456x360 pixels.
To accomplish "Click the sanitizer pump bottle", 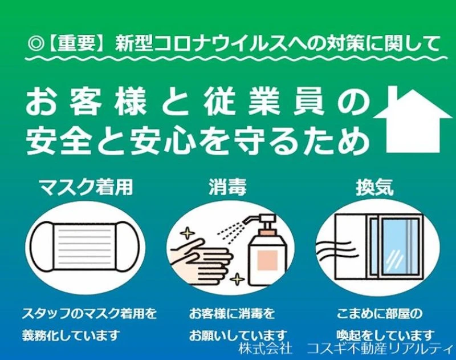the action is click(x=266, y=250).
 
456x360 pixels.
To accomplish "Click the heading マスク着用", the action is click(x=87, y=187).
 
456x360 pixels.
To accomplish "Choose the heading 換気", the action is click(x=375, y=187).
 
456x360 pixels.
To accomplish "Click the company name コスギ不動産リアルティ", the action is click(x=380, y=348).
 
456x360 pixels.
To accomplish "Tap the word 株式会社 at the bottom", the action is click(x=265, y=348).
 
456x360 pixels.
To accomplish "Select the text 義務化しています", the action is click(x=71, y=335).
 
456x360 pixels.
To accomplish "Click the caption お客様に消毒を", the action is click(x=232, y=314).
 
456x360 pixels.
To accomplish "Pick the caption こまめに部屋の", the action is click(x=379, y=314).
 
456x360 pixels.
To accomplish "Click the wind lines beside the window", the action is click(x=335, y=248).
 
